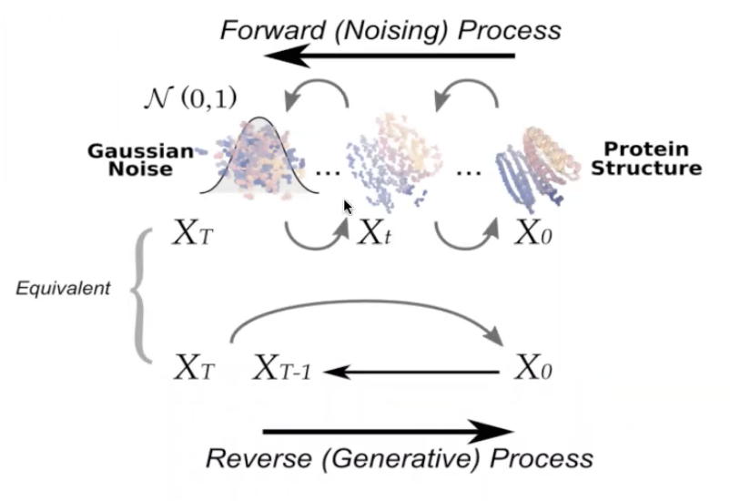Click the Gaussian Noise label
tap(142, 160)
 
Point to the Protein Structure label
tap(654, 158)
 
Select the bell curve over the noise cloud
tap(260, 155)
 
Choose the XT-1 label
tap(281, 369)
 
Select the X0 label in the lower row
tap(532, 369)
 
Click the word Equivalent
tap(63, 289)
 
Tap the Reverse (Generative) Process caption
tap(399, 458)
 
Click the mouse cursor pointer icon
tap(348, 208)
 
